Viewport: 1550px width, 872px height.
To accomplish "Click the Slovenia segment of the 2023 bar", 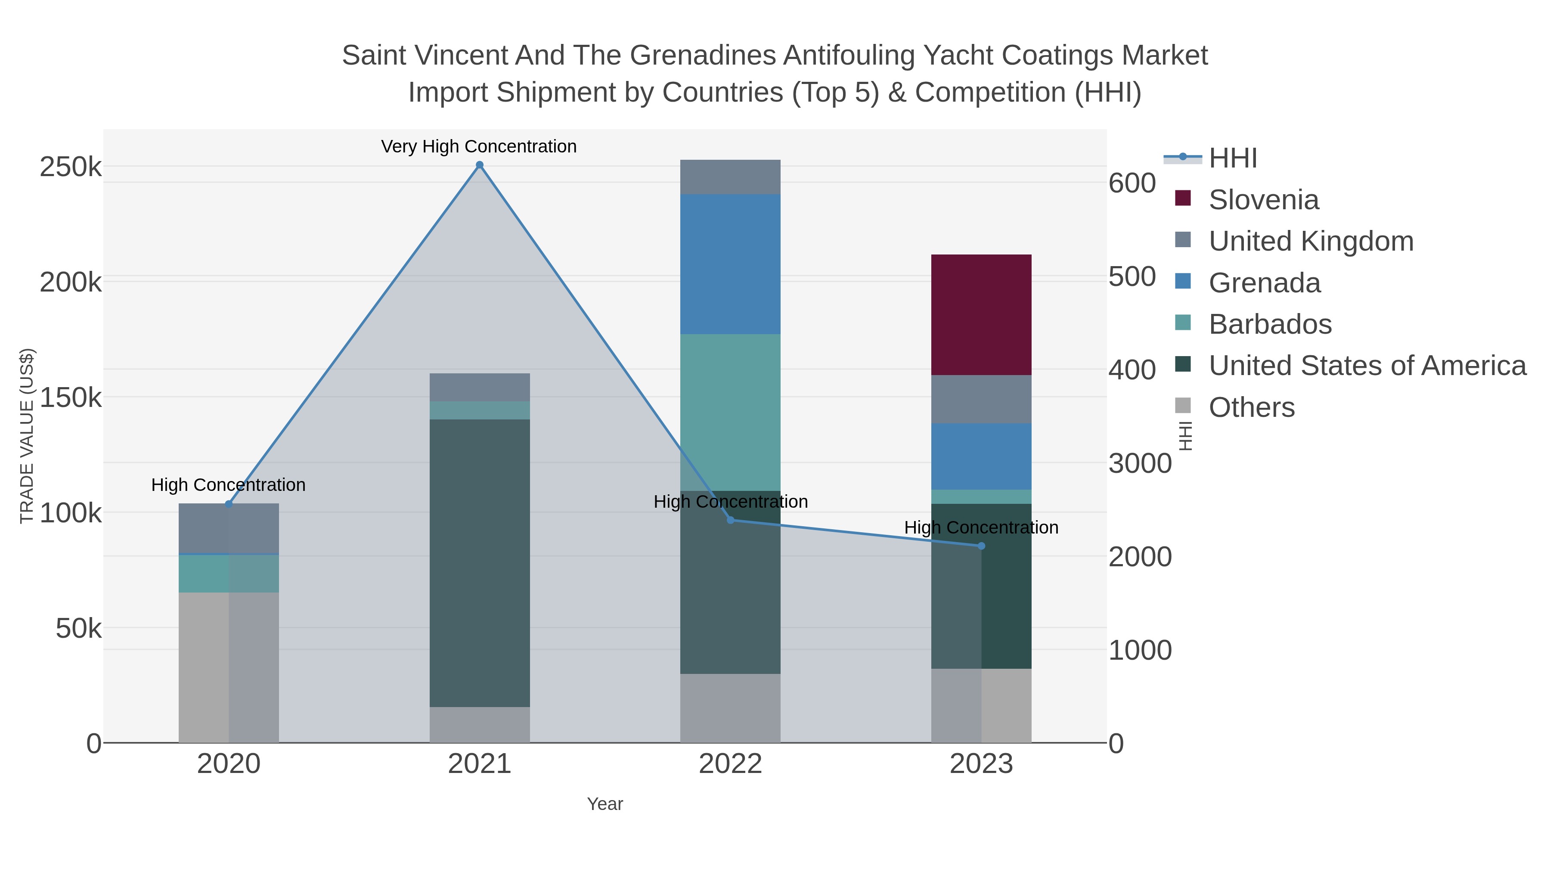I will click(981, 315).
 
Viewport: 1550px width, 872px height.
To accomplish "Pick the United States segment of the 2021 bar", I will click(480, 563).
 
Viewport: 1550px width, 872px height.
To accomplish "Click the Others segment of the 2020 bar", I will click(229, 667).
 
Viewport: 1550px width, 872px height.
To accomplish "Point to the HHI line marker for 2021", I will click(480, 165).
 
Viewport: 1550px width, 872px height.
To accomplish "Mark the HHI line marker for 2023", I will click(981, 546).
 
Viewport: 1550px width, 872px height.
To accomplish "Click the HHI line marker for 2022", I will click(731, 520).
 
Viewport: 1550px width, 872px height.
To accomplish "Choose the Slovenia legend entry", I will click(1264, 200).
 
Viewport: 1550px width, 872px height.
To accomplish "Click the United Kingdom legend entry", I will click(1311, 241).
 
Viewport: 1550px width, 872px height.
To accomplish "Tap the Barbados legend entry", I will click(1270, 324).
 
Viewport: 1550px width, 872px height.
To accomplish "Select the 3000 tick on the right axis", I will click(1140, 464).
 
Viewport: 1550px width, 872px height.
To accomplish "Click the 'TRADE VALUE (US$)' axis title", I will click(27, 436).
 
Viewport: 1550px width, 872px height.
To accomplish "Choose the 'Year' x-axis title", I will click(605, 804).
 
